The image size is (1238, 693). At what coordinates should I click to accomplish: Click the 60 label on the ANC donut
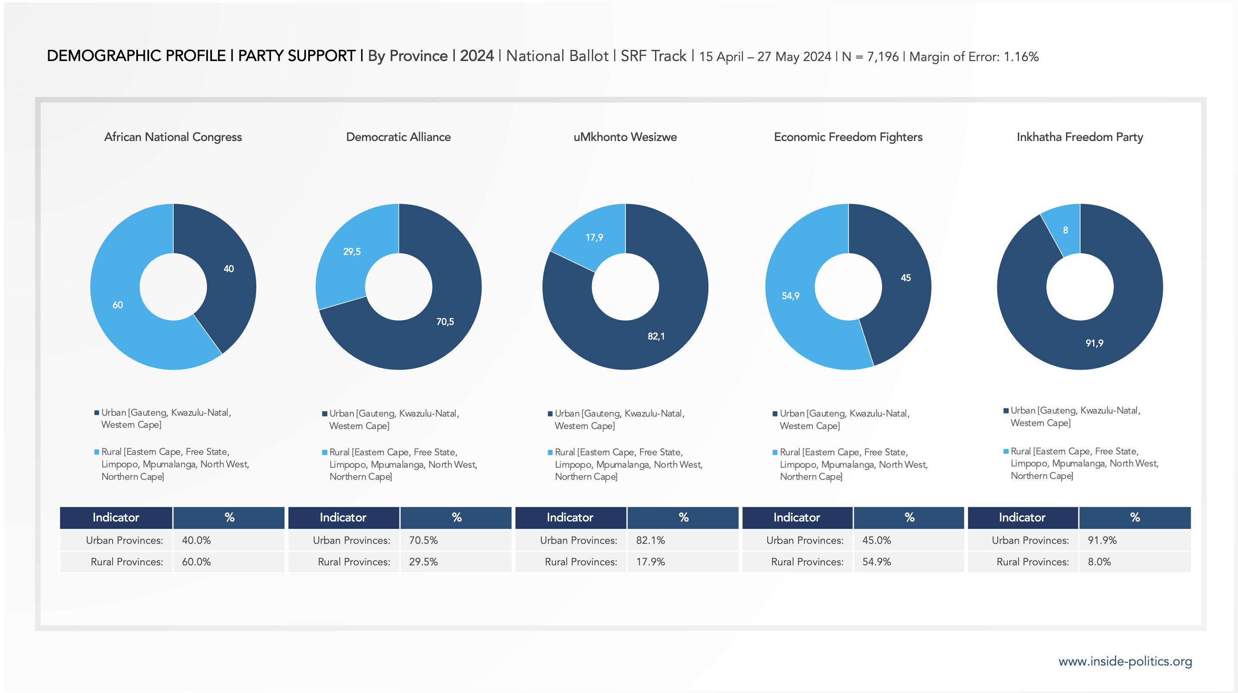pos(118,305)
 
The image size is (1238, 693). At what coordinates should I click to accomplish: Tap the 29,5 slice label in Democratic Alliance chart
pos(352,252)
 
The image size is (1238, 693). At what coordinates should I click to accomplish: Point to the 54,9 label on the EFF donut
pos(791,296)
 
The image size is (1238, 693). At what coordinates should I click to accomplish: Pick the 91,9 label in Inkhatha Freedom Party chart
pos(1094,343)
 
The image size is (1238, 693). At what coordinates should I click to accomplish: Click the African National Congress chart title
pos(173,137)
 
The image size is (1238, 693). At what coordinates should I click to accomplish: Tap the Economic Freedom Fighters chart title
pos(848,137)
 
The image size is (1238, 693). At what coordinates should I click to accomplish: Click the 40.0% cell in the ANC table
pos(196,540)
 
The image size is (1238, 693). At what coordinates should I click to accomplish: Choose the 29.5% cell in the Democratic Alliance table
pos(423,562)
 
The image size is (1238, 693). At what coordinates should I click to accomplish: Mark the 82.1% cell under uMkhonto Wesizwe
pos(650,540)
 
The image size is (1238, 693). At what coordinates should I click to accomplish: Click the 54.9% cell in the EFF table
pos(876,562)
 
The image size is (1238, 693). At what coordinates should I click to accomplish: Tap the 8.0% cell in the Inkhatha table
pos(1099,562)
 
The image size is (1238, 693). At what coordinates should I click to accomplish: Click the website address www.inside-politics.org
pos(1125,661)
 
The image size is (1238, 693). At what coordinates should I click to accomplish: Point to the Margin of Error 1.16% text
pos(974,57)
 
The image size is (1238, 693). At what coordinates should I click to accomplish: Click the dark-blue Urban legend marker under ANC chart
pos(97,413)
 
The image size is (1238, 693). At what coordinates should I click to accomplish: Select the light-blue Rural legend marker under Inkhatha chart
pos(1006,451)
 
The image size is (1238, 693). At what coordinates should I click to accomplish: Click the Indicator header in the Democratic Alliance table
pos(343,518)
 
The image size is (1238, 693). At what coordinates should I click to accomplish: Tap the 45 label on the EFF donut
pos(905,278)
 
